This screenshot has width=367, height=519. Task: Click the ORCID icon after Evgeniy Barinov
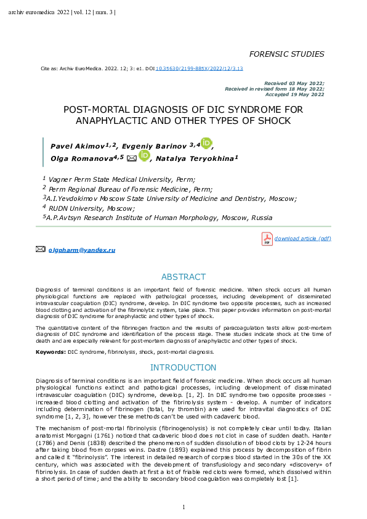[x=206, y=144]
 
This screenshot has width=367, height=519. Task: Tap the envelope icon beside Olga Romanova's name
[x=132, y=158]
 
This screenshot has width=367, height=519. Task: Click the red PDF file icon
[x=267, y=239]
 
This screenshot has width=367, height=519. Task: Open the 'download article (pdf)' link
[x=303, y=238]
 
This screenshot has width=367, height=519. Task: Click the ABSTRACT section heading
[x=183, y=277]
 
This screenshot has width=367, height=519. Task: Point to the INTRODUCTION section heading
[x=183, y=368]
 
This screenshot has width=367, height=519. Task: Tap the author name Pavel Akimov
[x=77, y=145]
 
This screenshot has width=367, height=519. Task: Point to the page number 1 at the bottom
[x=183, y=507]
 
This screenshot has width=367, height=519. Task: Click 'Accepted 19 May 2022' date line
[x=294, y=94]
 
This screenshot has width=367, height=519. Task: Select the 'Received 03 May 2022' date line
[x=294, y=83]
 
